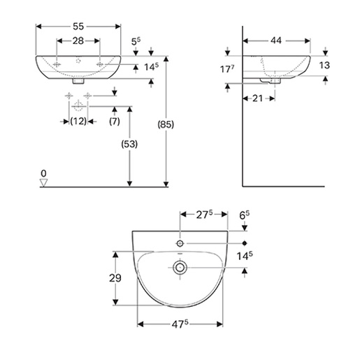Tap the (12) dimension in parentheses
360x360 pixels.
click(78, 122)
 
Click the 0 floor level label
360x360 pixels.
click(43, 172)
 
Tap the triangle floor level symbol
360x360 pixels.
click(44, 182)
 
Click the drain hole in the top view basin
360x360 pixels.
click(180, 267)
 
